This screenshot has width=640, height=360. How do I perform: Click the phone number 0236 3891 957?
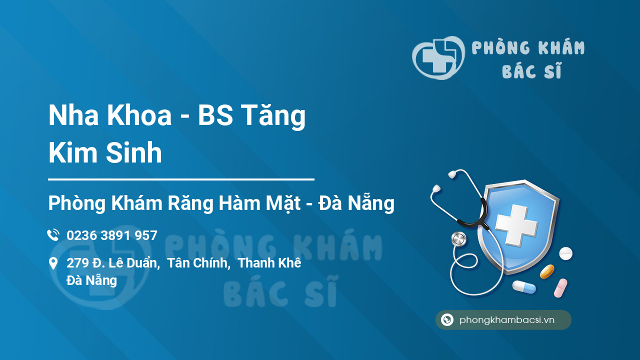click(112, 235)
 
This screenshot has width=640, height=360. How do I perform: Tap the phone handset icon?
click(53, 235)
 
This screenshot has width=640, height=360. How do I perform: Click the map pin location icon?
click(53, 263)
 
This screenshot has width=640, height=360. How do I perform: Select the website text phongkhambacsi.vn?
click(507, 320)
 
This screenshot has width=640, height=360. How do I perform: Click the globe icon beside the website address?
click(447, 319)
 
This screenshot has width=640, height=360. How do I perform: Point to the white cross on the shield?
click(516, 225)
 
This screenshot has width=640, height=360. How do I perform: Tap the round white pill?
click(565, 253)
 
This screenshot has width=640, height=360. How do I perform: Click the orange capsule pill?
click(547, 271)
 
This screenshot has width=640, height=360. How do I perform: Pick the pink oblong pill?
click(560, 288)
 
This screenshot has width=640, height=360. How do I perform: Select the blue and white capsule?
click(524, 287)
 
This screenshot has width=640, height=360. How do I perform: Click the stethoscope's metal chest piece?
click(459, 239)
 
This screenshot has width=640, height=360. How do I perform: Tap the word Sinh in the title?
click(133, 152)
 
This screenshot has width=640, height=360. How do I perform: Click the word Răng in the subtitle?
click(190, 203)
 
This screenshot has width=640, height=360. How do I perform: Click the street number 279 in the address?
click(77, 263)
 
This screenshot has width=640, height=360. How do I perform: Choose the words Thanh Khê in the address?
click(269, 263)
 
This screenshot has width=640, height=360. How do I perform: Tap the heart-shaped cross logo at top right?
click(438, 57)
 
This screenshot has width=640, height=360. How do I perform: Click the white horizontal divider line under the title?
click(181, 179)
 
